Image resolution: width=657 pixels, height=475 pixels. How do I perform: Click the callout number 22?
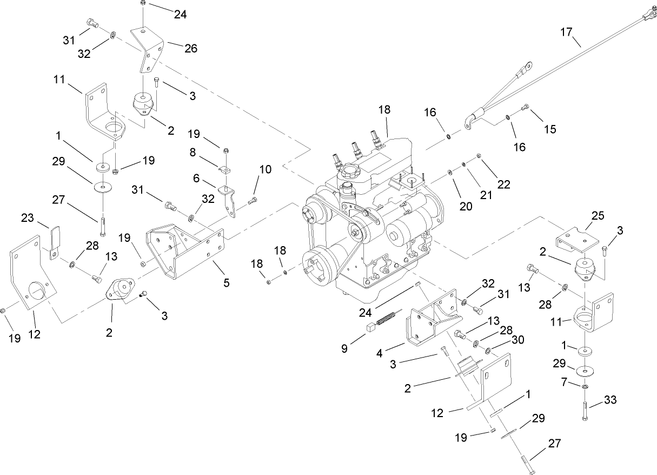tap(504, 184)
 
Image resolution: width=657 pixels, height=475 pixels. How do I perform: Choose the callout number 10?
tap(265, 169)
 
